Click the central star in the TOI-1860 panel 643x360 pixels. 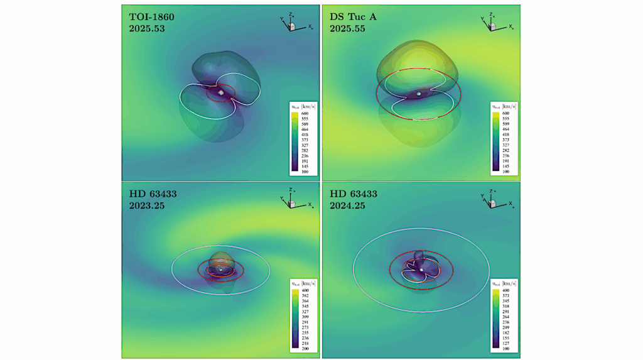click(x=222, y=92)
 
